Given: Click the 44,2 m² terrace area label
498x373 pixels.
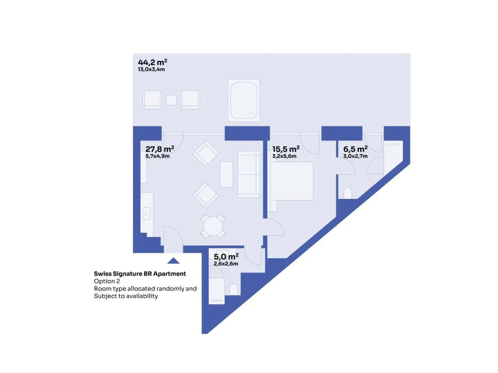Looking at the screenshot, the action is [x=152, y=62].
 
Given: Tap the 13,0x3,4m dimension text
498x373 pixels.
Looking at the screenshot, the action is [x=151, y=69].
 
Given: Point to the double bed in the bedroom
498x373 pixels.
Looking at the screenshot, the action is [x=290, y=181].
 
